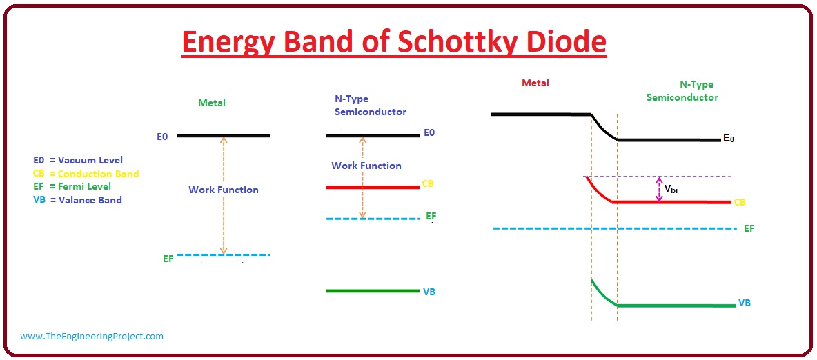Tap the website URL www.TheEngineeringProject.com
[92, 337]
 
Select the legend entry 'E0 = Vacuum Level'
[78, 160]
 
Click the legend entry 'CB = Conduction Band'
[86, 174]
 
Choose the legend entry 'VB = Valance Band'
[78, 199]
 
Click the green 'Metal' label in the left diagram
[212, 103]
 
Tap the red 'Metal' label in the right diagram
[535, 83]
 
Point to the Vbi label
[671, 189]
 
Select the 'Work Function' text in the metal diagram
[224, 190]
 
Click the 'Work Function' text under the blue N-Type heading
[366, 166]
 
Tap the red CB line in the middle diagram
[373, 187]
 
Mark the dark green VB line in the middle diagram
[373, 291]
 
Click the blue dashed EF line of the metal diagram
[224, 254]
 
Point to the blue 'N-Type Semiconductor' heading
[371, 105]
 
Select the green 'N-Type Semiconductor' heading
[682, 90]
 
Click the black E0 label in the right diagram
[729, 139]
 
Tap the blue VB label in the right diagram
[745, 303]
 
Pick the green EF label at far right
[749, 228]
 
